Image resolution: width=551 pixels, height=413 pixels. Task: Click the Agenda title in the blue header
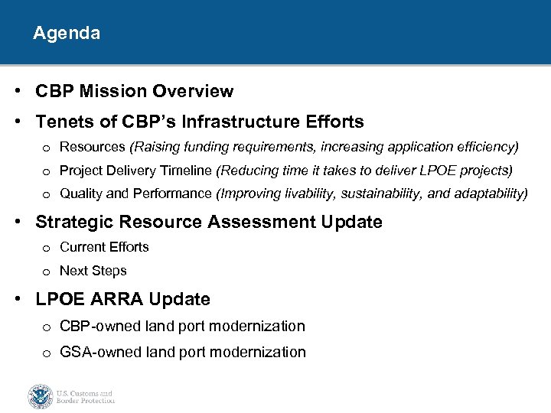tap(67, 34)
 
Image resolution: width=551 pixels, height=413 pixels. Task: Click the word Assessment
tap(249, 223)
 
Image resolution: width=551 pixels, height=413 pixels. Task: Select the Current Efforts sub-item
tap(104, 247)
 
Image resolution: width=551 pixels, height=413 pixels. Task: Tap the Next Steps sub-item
tap(93, 271)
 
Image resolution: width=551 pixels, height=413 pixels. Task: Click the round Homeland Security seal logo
tap(40, 396)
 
